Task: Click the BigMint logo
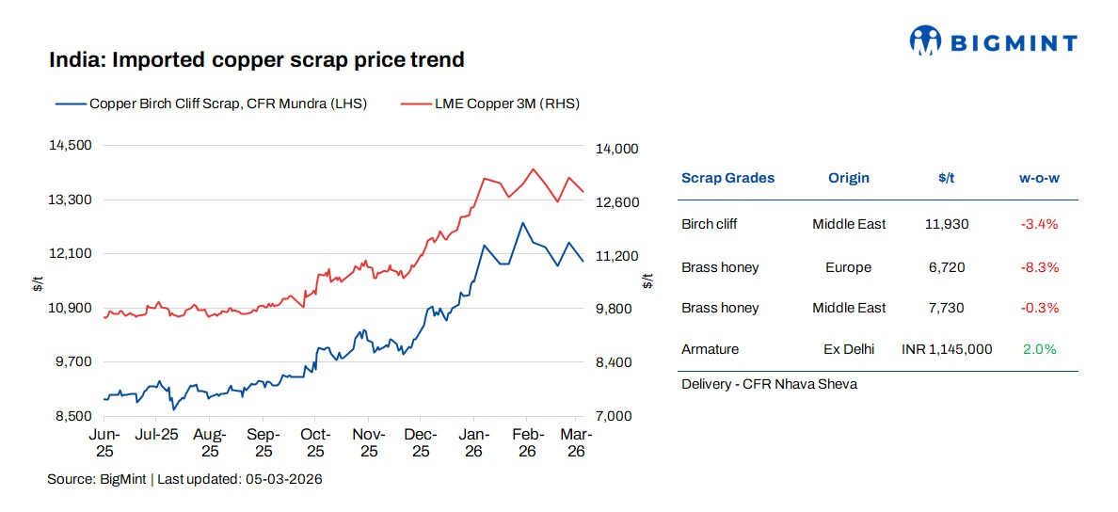coord(993,40)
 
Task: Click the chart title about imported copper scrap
coord(257,60)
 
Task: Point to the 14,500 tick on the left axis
coord(72,146)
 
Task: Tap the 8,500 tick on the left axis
coord(72,416)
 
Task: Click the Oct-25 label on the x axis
coord(315,442)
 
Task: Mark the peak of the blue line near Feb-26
coord(522,223)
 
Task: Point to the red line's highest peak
coord(534,169)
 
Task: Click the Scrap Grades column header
coord(727,178)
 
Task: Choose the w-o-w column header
coord(1039,178)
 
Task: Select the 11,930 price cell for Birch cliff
coord(946,224)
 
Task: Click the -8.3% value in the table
coord(1039,267)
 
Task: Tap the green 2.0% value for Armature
coord(1039,349)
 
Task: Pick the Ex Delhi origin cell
coord(848,349)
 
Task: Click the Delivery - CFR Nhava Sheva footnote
coord(769,384)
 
